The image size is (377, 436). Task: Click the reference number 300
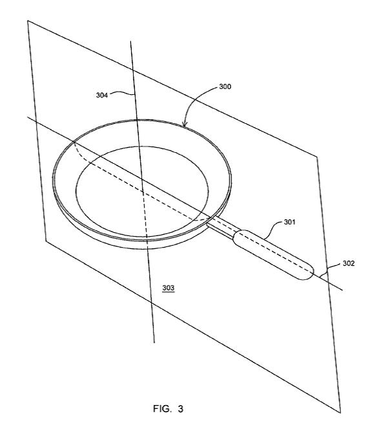pyautogui.click(x=225, y=86)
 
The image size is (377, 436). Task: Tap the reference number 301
pyautogui.click(x=289, y=222)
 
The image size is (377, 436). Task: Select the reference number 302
pyautogui.click(x=349, y=263)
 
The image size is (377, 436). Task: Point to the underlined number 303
pyautogui.click(x=168, y=288)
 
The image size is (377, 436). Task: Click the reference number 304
pyautogui.click(x=102, y=95)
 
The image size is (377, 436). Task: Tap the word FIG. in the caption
pyautogui.click(x=162, y=408)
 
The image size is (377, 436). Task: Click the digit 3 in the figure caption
pyautogui.click(x=181, y=409)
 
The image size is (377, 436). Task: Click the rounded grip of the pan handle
pyautogui.click(x=274, y=254)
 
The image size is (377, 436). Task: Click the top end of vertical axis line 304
pyautogui.click(x=131, y=41)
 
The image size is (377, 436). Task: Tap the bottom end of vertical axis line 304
pyautogui.click(x=154, y=342)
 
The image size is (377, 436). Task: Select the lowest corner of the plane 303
pyautogui.click(x=340, y=413)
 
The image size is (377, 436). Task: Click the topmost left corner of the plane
pyautogui.click(x=28, y=21)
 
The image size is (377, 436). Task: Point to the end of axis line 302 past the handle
pyautogui.click(x=342, y=290)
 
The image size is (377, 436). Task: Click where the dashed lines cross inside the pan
pyautogui.click(x=143, y=192)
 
